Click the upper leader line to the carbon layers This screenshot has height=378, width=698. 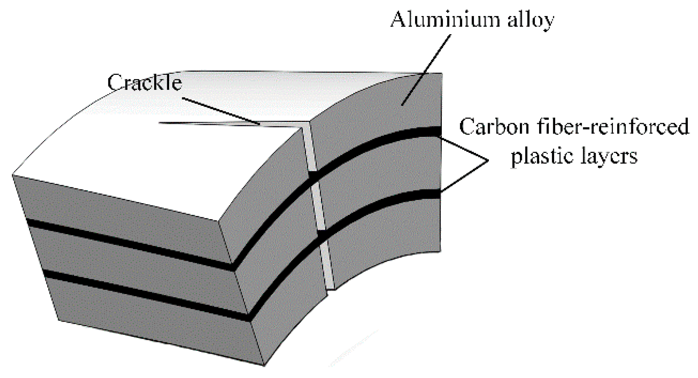463,148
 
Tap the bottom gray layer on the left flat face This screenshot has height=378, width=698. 157,325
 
